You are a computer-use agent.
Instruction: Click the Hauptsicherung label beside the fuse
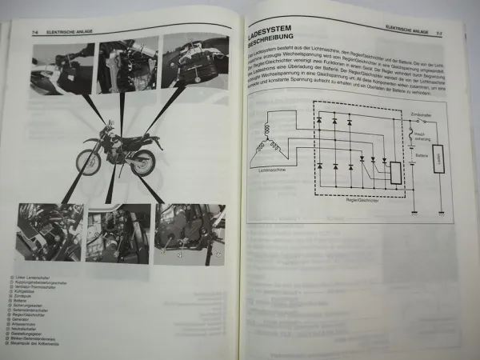pyautogui.click(x=422, y=138)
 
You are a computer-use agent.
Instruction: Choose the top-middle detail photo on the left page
pyautogui.click(x=127, y=66)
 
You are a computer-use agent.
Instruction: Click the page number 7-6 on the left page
pyautogui.click(x=36, y=33)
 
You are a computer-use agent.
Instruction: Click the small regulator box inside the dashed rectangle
pyautogui.click(x=395, y=172)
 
